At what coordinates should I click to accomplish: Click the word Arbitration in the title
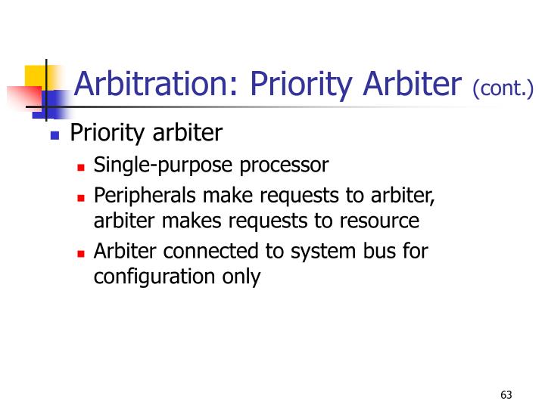[151, 84]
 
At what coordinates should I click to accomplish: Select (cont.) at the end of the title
[503, 90]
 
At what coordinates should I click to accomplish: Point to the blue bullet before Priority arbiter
[54, 137]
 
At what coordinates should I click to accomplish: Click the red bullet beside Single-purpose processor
[81, 165]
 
